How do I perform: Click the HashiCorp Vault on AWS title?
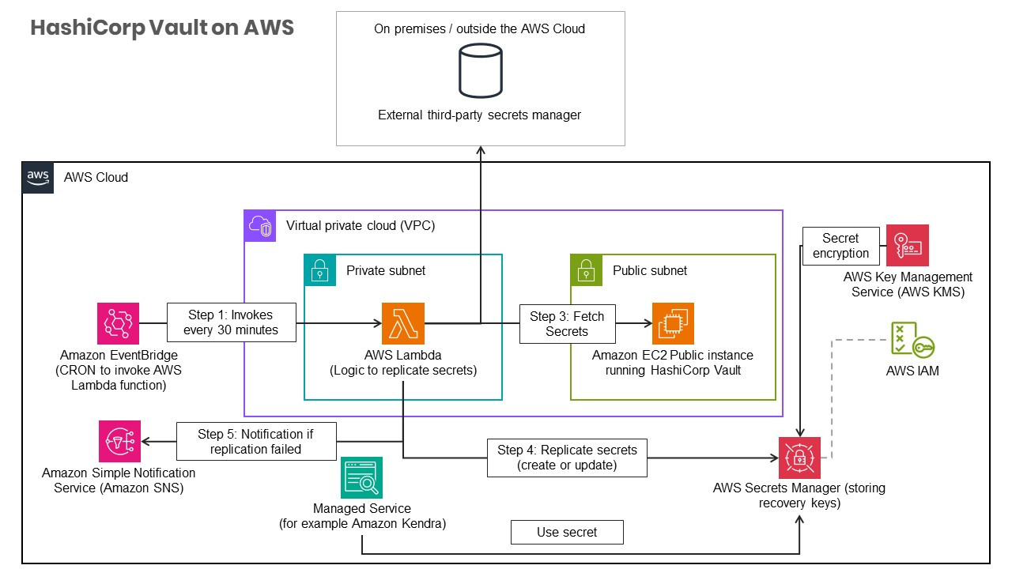162,28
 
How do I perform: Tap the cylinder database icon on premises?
481,70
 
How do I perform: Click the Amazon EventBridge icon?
118,323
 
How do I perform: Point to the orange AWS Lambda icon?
403,323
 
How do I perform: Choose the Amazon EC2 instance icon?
673,323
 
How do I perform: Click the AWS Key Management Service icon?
908,245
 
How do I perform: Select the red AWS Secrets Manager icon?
799,458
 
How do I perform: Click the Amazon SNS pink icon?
119,441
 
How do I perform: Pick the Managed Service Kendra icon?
362,478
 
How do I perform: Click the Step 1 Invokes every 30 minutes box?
231,322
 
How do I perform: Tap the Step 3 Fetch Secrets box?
567,324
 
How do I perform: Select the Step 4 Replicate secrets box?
567,458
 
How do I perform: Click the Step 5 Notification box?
255,441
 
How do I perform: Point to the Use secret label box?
567,533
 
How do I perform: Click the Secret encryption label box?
840,246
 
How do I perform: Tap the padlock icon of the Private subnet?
320,270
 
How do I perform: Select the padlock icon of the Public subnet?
587,270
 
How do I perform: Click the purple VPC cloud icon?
260,226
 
